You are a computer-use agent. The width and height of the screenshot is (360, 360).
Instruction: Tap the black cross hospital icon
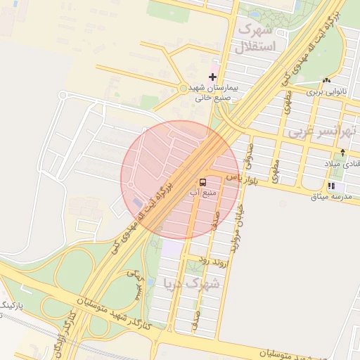tap(213, 77)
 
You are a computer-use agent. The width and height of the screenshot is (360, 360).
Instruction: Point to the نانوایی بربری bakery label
tap(326, 91)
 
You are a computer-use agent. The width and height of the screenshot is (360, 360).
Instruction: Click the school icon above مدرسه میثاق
tap(330, 186)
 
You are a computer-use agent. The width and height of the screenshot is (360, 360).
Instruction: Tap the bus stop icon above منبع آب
tap(203, 182)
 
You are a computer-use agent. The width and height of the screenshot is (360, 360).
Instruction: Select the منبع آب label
tap(203, 192)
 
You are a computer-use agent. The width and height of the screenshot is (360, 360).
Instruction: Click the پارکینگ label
tap(11, 307)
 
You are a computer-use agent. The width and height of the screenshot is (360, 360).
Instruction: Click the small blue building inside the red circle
tap(137, 203)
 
